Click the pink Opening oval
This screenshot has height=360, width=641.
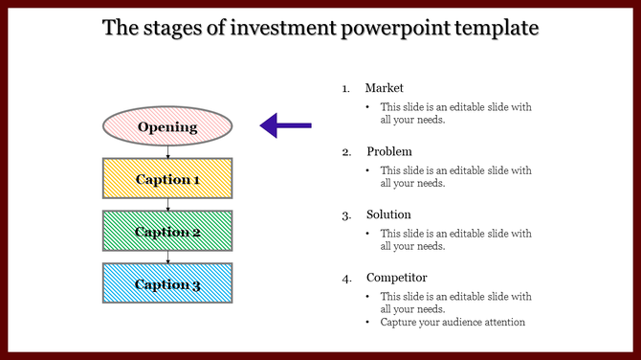click(166, 126)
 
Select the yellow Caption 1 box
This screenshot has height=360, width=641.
click(166, 179)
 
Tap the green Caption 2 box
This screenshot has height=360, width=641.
click(166, 232)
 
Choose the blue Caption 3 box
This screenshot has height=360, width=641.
click(166, 283)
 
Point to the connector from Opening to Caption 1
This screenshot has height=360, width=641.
click(167, 151)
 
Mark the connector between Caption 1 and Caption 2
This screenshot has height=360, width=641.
click(167, 204)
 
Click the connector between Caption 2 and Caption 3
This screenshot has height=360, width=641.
click(167, 257)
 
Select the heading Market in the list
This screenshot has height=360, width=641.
click(385, 88)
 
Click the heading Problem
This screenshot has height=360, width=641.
click(389, 151)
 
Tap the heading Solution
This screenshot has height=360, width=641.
click(388, 214)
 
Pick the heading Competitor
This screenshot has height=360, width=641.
click(396, 278)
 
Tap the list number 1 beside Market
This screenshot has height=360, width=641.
click(346, 89)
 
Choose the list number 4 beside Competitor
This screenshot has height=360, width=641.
click(346, 279)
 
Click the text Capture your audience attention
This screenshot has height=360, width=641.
click(453, 323)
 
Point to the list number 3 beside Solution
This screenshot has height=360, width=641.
click(346, 215)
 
